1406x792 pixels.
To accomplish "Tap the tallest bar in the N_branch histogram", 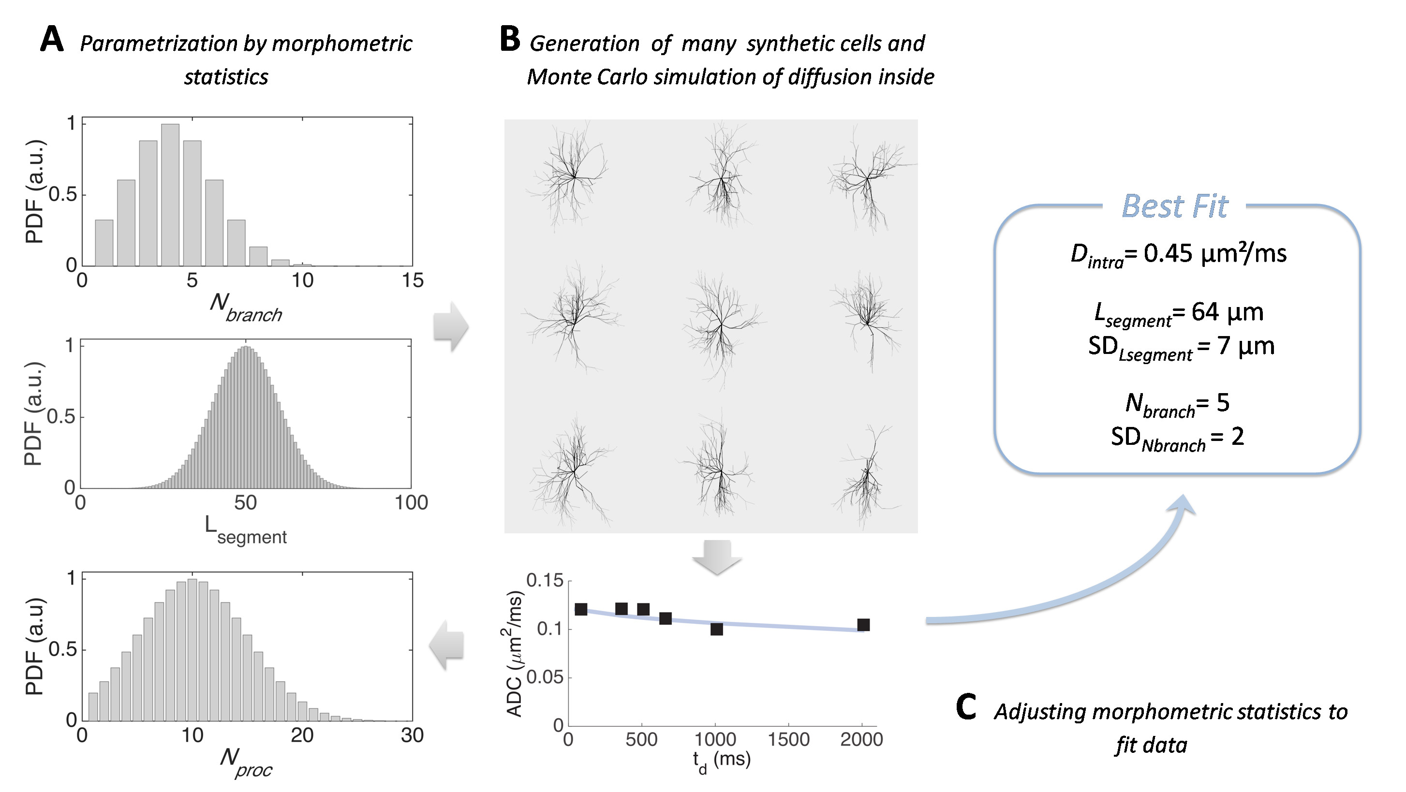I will coord(170,194).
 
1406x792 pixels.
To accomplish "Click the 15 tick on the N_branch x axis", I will coord(413,280).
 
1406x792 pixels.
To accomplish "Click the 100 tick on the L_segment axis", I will coord(411,503).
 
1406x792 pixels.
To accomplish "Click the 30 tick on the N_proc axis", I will coord(412,736).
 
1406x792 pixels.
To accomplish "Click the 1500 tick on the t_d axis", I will coord(788,740).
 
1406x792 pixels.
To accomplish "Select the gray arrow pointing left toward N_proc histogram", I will coord(447,645).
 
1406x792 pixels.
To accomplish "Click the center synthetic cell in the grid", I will coord(721,325).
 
